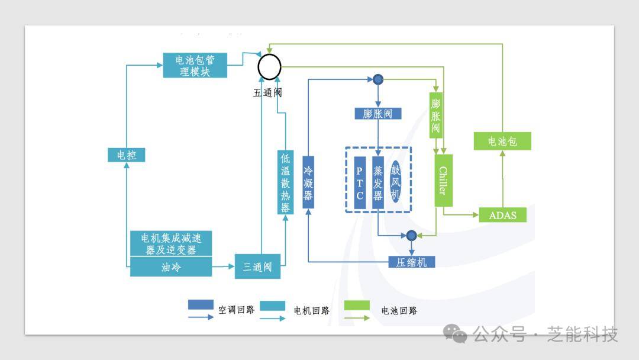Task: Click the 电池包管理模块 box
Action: pyautogui.click(x=195, y=65)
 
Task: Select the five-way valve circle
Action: pyautogui.click(x=269, y=66)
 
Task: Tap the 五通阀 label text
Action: pyautogui.click(x=267, y=93)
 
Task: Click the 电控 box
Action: pyautogui.click(x=126, y=155)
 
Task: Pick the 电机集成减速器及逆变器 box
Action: pyautogui.click(x=170, y=243)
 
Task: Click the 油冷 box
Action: pyautogui.click(x=170, y=268)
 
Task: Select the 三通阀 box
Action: pyautogui.click(x=257, y=267)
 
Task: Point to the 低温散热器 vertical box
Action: pyautogui.click(x=285, y=182)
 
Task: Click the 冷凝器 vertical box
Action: pyautogui.click(x=308, y=182)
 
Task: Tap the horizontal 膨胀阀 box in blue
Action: pyautogui.click(x=377, y=114)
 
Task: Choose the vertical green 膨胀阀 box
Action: pyautogui.click(x=435, y=115)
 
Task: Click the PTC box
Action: pyautogui.click(x=360, y=182)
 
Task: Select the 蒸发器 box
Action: pyautogui.click(x=378, y=182)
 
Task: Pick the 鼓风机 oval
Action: pyautogui.click(x=396, y=182)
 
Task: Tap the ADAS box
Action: pyautogui.click(x=502, y=215)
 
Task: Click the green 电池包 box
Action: pyautogui.click(x=502, y=142)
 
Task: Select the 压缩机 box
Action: pyautogui.click(x=411, y=262)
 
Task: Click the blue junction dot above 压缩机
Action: pyautogui.click(x=412, y=236)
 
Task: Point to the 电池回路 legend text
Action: pyautogui.click(x=399, y=310)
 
